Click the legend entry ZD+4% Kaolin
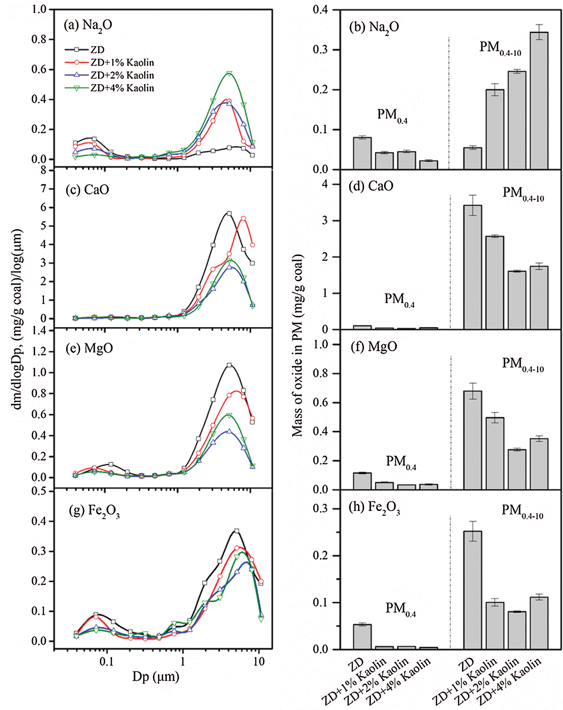pyautogui.click(x=122, y=88)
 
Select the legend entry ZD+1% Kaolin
pyautogui.click(x=122, y=63)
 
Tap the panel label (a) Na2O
pyautogui.click(x=88, y=25)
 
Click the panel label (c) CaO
pyautogui.click(x=87, y=189)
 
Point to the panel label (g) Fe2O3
pyautogui.click(x=94, y=511)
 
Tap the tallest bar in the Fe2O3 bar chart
pyautogui.click(x=473, y=590)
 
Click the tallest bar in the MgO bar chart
pyautogui.click(x=473, y=440)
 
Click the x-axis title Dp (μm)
pyautogui.click(x=156, y=677)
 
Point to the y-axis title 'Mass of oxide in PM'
pyautogui.click(x=298, y=345)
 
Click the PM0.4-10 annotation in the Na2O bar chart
pyautogui.click(x=500, y=48)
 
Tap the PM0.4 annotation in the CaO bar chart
pyautogui.click(x=399, y=300)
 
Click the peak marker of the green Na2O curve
pyautogui.click(x=229, y=73)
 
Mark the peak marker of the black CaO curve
pyautogui.click(x=229, y=214)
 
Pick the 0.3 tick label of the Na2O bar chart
pyautogui.click(x=321, y=50)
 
